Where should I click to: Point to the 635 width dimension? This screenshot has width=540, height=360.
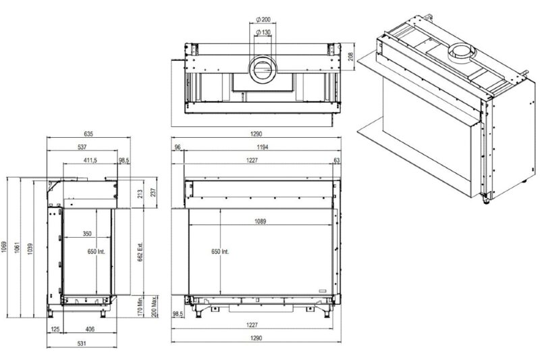[89, 133]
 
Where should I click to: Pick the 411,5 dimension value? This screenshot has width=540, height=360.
[90, 160]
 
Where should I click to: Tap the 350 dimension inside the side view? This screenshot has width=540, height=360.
[87, 234]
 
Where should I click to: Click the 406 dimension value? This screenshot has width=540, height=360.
[89, 330]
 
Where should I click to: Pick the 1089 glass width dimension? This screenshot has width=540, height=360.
[260, 221]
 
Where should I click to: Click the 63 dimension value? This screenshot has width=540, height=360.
[337, 160]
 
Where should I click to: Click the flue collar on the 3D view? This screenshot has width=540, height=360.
[462, 51]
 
